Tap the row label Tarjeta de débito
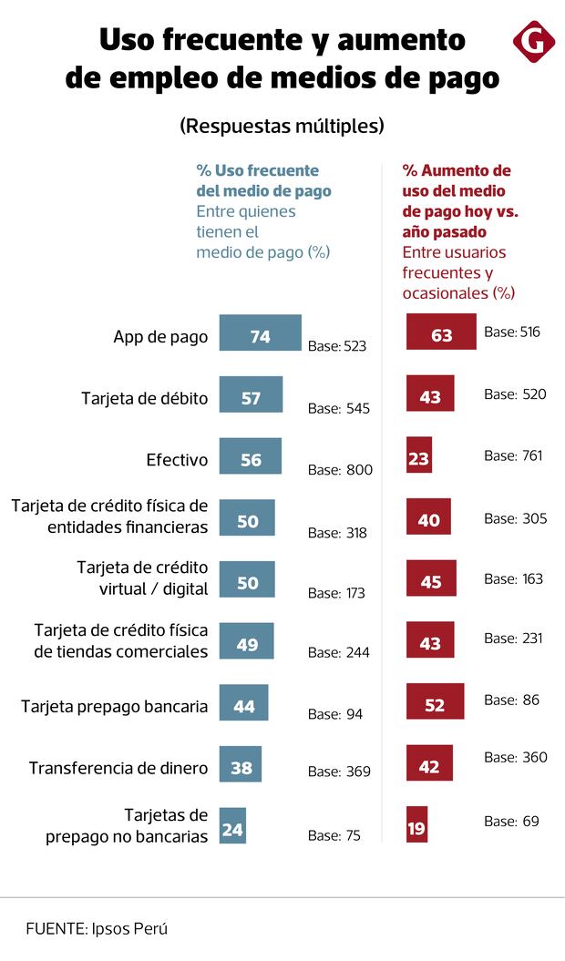coord(145,398)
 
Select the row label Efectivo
coord(177,460)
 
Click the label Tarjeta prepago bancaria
coord(115,706)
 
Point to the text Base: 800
coord(340,470)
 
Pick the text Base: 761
coord(513,455)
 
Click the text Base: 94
coord(335,714)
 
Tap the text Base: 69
coord(511,822)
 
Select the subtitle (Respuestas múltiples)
coord(282,126)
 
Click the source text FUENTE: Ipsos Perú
coord(97,928)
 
